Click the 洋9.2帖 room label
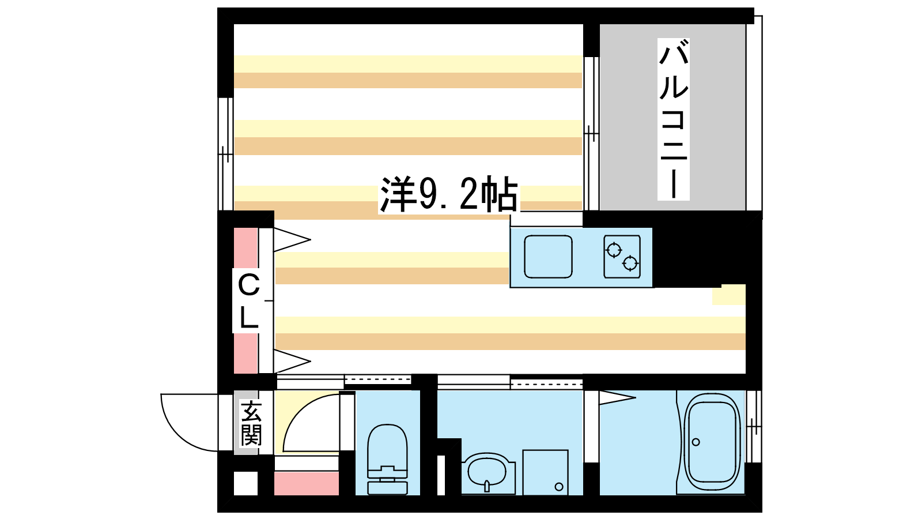pos(449,194)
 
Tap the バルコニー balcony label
pos(674,119)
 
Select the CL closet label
pos(248,301)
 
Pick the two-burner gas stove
pos(622,256)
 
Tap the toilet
pos(387,459)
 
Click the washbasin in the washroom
pos(488,473)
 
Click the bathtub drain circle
pos(696,442)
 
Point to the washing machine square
pos(545,472)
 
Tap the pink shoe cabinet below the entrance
pos(307,484)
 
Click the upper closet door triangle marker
pos(292,239)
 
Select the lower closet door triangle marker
pos(292,361)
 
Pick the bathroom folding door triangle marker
pos(617,397)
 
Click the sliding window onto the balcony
pos(591,134)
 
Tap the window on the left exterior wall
pos(225,154)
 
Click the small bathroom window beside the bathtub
pos(754,427)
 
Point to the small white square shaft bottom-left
pos(245,483)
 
